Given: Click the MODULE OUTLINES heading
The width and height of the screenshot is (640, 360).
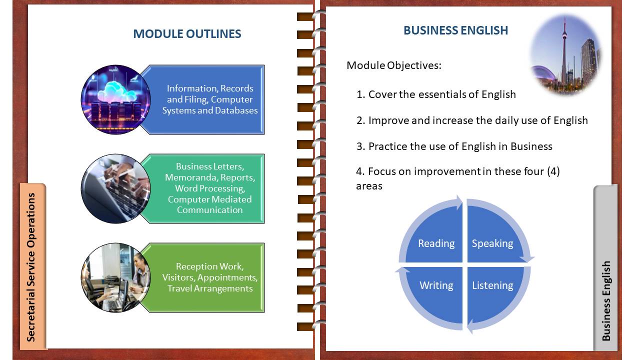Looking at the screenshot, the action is click(187, 33).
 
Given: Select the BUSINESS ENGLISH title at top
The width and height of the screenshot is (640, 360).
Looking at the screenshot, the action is click(455, 30).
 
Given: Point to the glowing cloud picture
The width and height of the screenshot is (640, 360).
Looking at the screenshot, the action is click(115, 99).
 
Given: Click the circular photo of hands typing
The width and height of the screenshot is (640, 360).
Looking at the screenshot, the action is click(115, 189).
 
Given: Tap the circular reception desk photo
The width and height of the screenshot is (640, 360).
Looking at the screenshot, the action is click(115, 277).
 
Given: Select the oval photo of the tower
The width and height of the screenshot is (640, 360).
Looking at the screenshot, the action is click(565, 55).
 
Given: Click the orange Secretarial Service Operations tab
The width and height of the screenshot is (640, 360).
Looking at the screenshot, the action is click(32, 266).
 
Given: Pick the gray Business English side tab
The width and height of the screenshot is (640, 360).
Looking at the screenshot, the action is click(605, 267).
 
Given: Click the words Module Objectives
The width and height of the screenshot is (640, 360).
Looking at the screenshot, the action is click(394, 65).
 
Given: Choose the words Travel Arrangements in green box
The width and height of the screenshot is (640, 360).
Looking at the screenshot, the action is click(210, 288).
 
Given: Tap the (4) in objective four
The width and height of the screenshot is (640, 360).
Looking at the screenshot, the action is click(553, 171).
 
